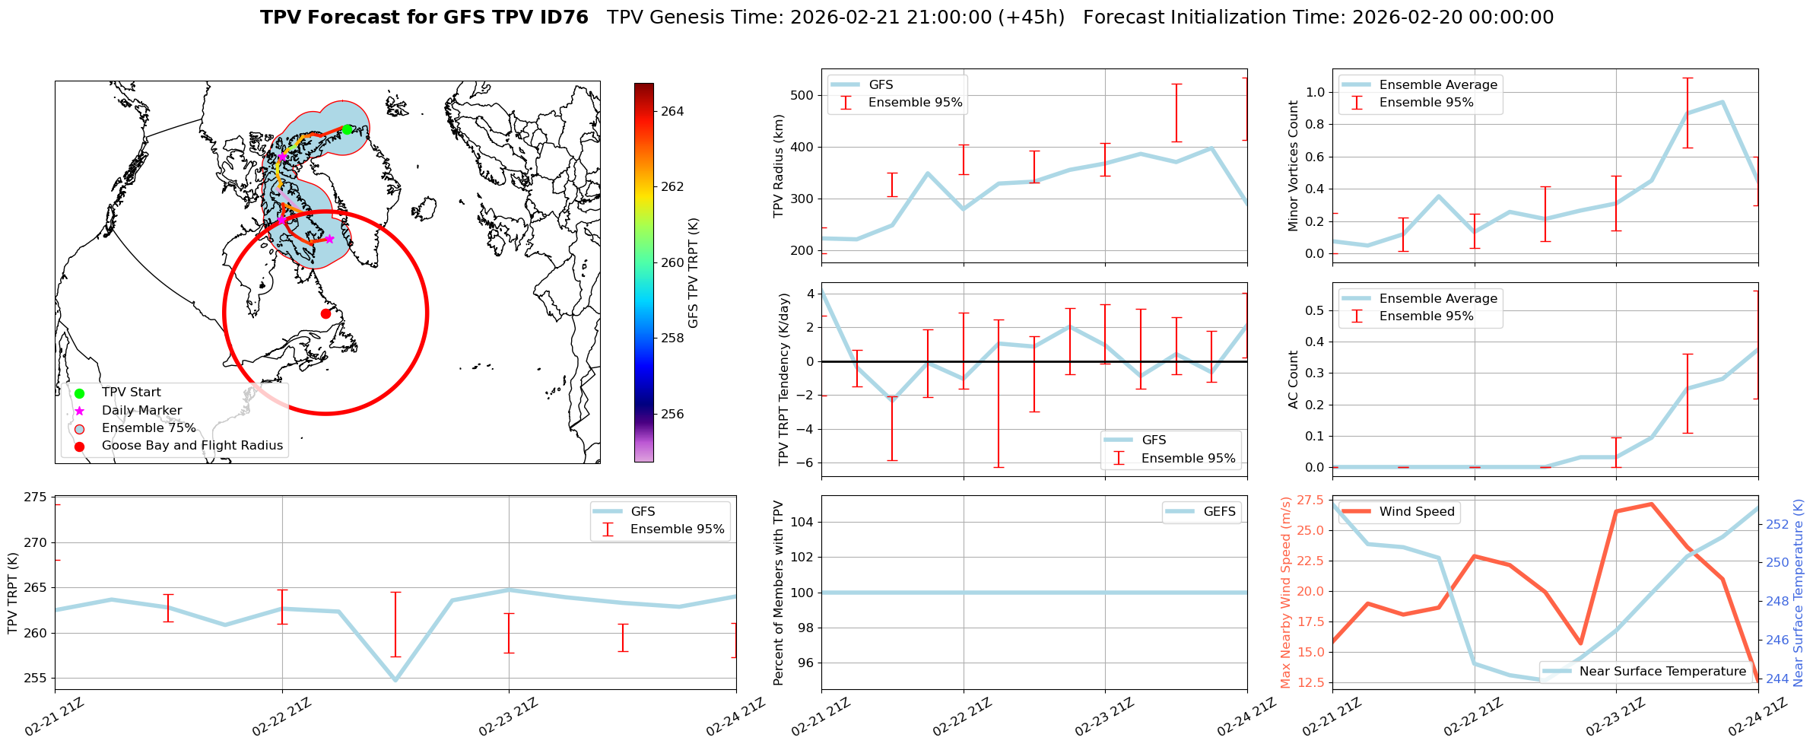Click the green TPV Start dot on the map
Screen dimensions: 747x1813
pyautogui.click(x=347, y=129)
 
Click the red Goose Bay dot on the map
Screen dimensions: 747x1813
pyautogui.click(x=325, y=313)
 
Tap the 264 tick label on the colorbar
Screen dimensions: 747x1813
pyautogui.click(x=672, y=111)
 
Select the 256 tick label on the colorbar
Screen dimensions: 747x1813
pyautogui.click(x=672, y=415)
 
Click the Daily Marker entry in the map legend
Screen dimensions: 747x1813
pyautogui.click(x=141, y=411)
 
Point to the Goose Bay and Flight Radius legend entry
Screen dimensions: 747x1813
pyautogui.click(x=192, y=446)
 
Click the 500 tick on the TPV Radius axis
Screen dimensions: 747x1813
pyautogui.click(x=805, y=95)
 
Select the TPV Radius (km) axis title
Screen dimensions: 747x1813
pyautogui.click(x=779, y=166)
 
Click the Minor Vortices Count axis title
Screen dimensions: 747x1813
pyautogui.click(x=1294, y=166)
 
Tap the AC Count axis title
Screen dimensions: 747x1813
pyautogui.click(x=1294, y=380)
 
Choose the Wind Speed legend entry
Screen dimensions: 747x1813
pyautogui.click(x=1416, y=512)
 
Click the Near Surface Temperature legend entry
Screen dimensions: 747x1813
pyautogui.click(x=1662, y=672)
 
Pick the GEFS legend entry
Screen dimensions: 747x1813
pyautogui.click(x=1219, y=512)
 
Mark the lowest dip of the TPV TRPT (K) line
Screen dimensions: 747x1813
pyautogui.click(x=395, y=680)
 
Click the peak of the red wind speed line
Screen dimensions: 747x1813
pyautogui.click(x=1651, y=504)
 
